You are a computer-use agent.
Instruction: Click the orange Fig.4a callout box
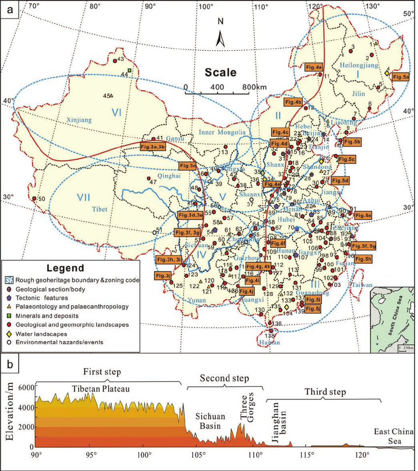click(x=314, y=66)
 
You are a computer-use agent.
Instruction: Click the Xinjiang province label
click(x=79, y=119)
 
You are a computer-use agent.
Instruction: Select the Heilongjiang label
click(x=358, y=65)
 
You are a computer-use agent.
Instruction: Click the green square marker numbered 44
click(x=129, y=71)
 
